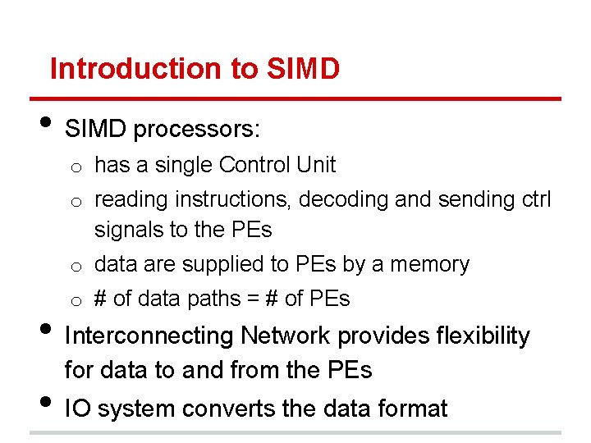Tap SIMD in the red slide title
[x=303, y=69]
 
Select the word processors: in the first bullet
[x=198, y=130]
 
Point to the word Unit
[x=316, y=165]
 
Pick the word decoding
[x=350, y=199]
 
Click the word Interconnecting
[x=149, y=336]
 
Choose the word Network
[x=286, y=336]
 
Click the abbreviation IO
[x=78, y=408]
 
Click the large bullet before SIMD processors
[x=45, y=125]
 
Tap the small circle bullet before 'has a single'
[x=74, y=167]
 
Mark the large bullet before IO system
[x=45, y=403]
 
